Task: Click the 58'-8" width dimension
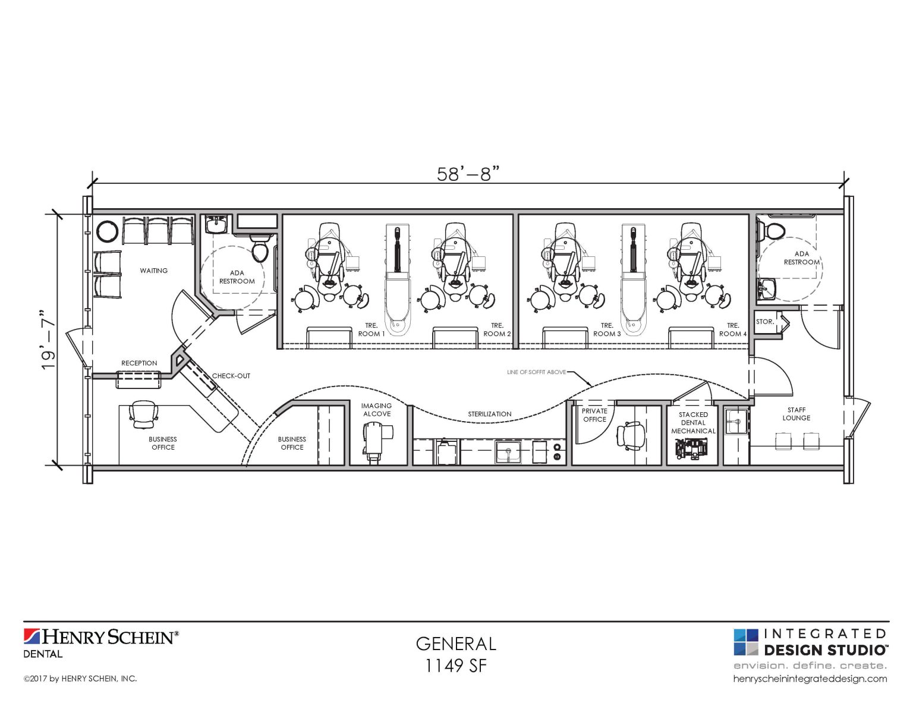pos(468,174)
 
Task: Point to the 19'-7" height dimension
pos(48,340)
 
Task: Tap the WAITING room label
pos(154,271)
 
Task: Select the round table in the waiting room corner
pos(108,231)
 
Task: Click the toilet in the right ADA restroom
pos(774,231)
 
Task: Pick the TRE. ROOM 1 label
pos(372,330)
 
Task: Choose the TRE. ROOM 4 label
pos(733,330)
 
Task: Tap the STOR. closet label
pos(765,322)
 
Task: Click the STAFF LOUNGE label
pos(796,414)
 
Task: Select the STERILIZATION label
pos(489,414)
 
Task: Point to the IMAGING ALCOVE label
pos(377,410)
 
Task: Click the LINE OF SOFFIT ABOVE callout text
pos(536,372)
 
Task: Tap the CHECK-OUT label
pos(231,376)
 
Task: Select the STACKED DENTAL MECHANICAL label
pos(693,423)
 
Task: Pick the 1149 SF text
pos(456,666)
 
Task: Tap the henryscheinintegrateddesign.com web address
pos(810,679)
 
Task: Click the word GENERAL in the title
pos(456,644)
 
